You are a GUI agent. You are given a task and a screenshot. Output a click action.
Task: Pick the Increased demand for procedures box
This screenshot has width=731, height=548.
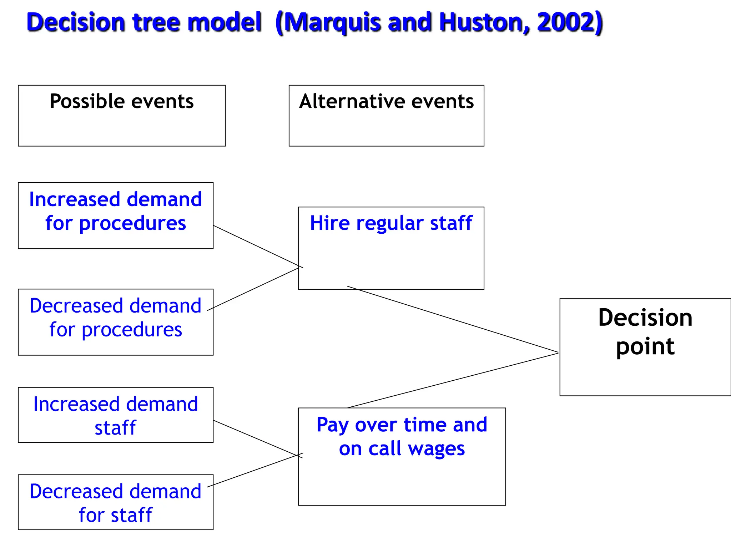[116, 215]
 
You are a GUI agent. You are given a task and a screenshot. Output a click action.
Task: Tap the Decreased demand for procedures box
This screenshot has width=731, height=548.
[116, 322]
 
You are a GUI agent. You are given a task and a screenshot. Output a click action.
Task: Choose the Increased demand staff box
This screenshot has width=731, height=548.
[116, 415]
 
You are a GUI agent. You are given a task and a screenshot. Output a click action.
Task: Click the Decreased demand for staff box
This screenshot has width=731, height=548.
[116, 502]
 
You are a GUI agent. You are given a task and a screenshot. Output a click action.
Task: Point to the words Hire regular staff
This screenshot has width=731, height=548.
[391, 223]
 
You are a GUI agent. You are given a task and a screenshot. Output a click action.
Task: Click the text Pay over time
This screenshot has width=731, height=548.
[378, 425]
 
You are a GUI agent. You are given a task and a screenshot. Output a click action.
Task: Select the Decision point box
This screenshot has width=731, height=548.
[645, 347]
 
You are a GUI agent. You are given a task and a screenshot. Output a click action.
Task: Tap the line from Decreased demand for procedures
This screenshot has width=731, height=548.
[253, 289]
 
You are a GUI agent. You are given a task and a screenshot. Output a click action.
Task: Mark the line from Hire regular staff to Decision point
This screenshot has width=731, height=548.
[453, 319]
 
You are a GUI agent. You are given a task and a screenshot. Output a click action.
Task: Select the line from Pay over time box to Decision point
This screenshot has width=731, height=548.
[453, 380]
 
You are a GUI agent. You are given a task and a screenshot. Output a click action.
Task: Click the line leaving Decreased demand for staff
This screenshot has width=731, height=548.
[255, 470]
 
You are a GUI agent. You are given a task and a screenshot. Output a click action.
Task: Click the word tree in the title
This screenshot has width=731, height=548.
[155, 22]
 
